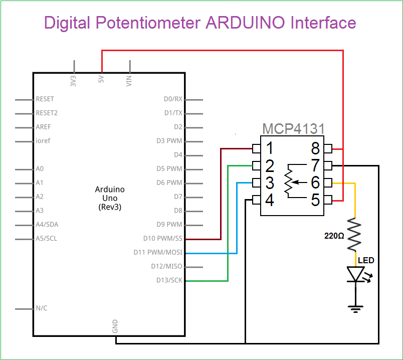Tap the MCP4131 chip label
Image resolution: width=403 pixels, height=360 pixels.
tap(293, 129)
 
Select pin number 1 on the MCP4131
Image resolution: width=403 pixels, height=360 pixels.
tap(270, 148)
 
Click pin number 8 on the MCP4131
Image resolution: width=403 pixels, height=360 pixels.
tap(315, 148)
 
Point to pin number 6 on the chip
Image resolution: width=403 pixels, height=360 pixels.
tap(315, 183)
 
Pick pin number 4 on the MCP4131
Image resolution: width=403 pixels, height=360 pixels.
tap(270, 200)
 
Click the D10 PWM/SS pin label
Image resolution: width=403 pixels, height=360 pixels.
tap(163, 239)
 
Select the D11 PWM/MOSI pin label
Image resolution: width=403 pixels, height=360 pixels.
tap(158, 252)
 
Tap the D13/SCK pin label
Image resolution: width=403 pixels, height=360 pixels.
tap(169, 280)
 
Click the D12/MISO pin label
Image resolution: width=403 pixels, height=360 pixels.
tap(167, 266)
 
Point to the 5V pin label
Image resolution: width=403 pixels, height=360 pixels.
tap(102, 80)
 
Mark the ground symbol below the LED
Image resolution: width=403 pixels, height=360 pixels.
tap(356, 308)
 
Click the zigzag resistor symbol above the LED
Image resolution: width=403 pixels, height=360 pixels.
tap(355, 234)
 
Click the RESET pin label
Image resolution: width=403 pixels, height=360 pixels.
tap(45, 99)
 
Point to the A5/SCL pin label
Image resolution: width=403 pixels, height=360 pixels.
tap(47, 239)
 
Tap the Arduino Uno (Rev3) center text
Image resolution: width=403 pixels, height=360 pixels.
tap(110, 198)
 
